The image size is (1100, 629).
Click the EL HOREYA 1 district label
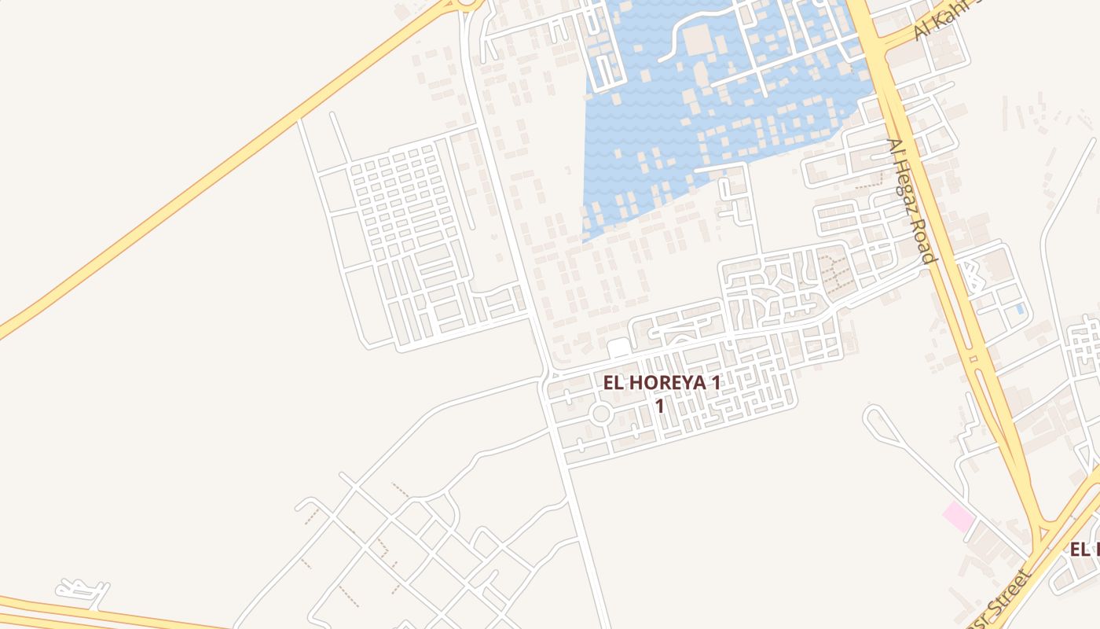[x=661, y=383]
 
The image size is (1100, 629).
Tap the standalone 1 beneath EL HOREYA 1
[x=660, y=406]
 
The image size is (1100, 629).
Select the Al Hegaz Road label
[x=911, y=200]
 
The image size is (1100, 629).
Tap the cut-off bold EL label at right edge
[x=1084, y=550]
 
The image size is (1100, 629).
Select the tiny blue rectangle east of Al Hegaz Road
[x=1020, y=309]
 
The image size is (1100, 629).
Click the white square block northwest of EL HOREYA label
[x=619, y=348]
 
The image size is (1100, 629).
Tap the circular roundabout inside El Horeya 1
[x=601, y=414]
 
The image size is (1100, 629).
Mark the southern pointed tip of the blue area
[x=585, y=238]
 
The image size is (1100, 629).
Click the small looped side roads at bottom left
[x=82, y=590]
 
